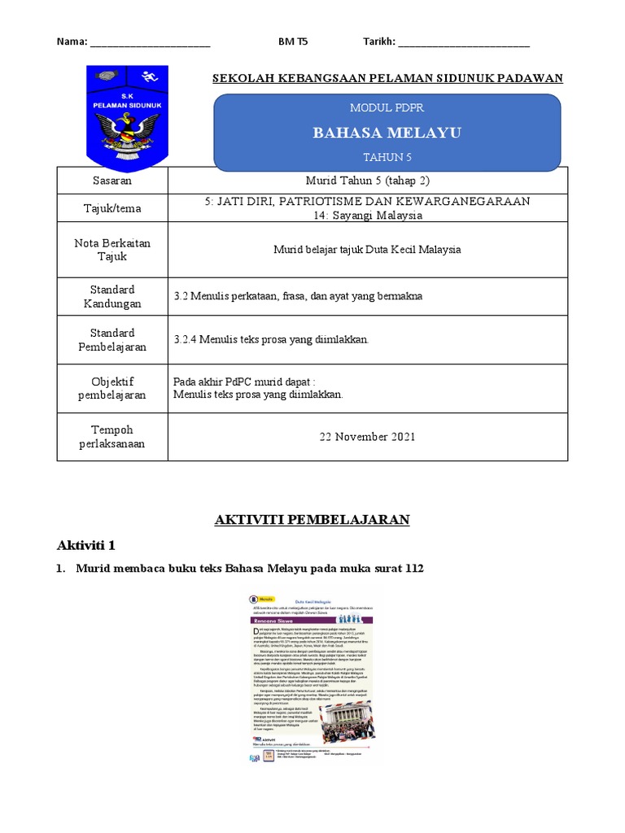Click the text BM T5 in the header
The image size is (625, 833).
(x=293, y=41)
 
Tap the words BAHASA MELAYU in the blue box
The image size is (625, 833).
(x=387, y=133)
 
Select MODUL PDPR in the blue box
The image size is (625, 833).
(x=387, y=107)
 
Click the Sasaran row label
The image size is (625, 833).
(x=113, y=180)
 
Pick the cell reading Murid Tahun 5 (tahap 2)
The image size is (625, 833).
(x=368, y=180)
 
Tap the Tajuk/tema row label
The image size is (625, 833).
(x=113, y=208)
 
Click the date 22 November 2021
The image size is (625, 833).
(x=368, y=437)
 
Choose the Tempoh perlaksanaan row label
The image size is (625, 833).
(x=113, y=437)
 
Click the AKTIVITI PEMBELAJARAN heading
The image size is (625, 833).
(x=312, y=520)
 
